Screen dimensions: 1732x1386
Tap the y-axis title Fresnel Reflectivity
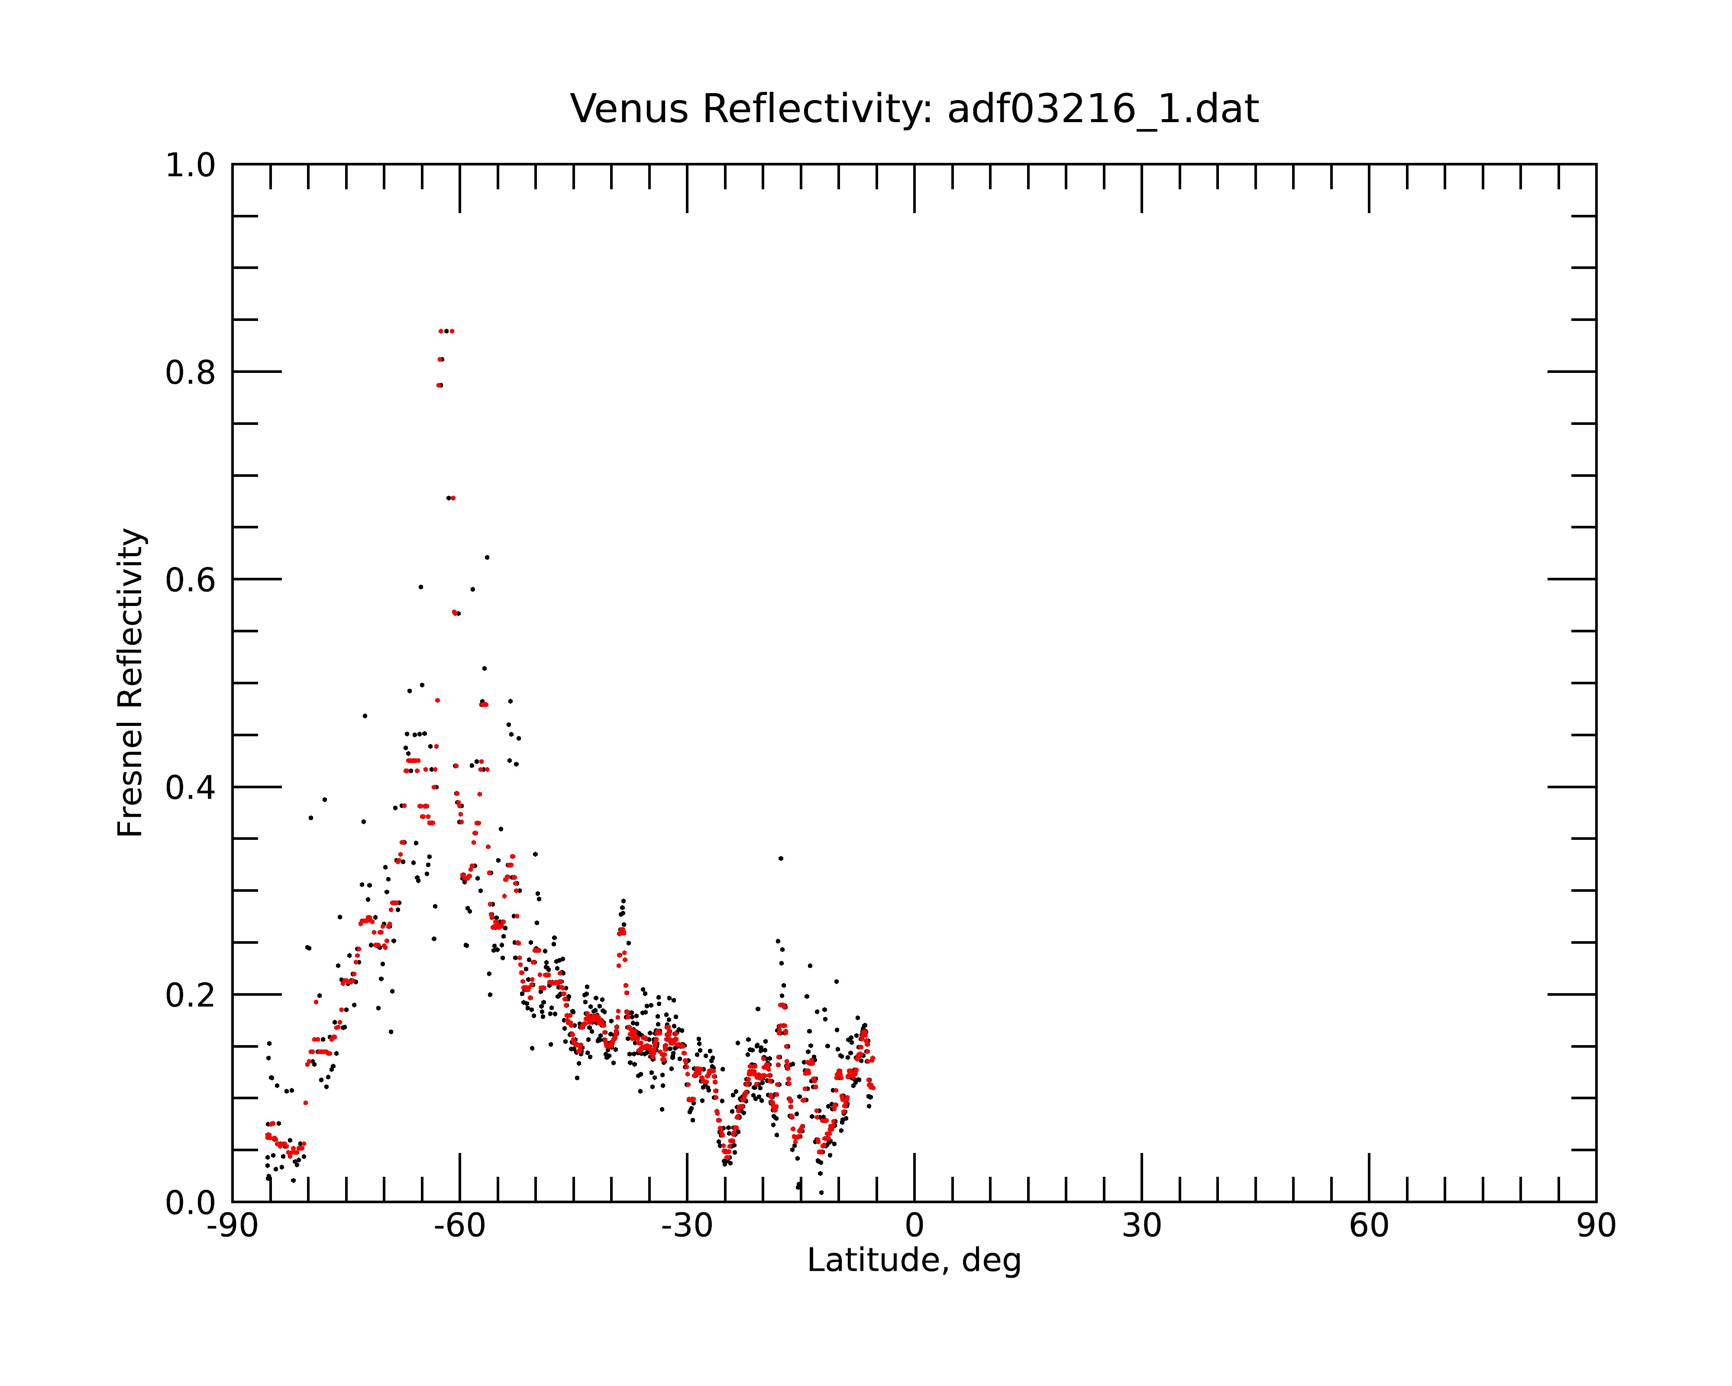coord(130,682)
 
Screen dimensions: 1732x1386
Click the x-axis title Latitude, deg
coord(914,1261)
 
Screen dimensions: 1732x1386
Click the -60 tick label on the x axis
coord(459,1226)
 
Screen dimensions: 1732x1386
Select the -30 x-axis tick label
coord(687,1226)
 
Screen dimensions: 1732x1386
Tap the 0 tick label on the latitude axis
coord(914,1226)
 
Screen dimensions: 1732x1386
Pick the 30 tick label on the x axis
coord(1141,1226)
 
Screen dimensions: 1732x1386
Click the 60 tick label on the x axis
coord(1369,1226)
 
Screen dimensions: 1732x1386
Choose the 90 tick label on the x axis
coord(1596,1226)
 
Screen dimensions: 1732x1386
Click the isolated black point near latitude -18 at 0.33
coord(780,858)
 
